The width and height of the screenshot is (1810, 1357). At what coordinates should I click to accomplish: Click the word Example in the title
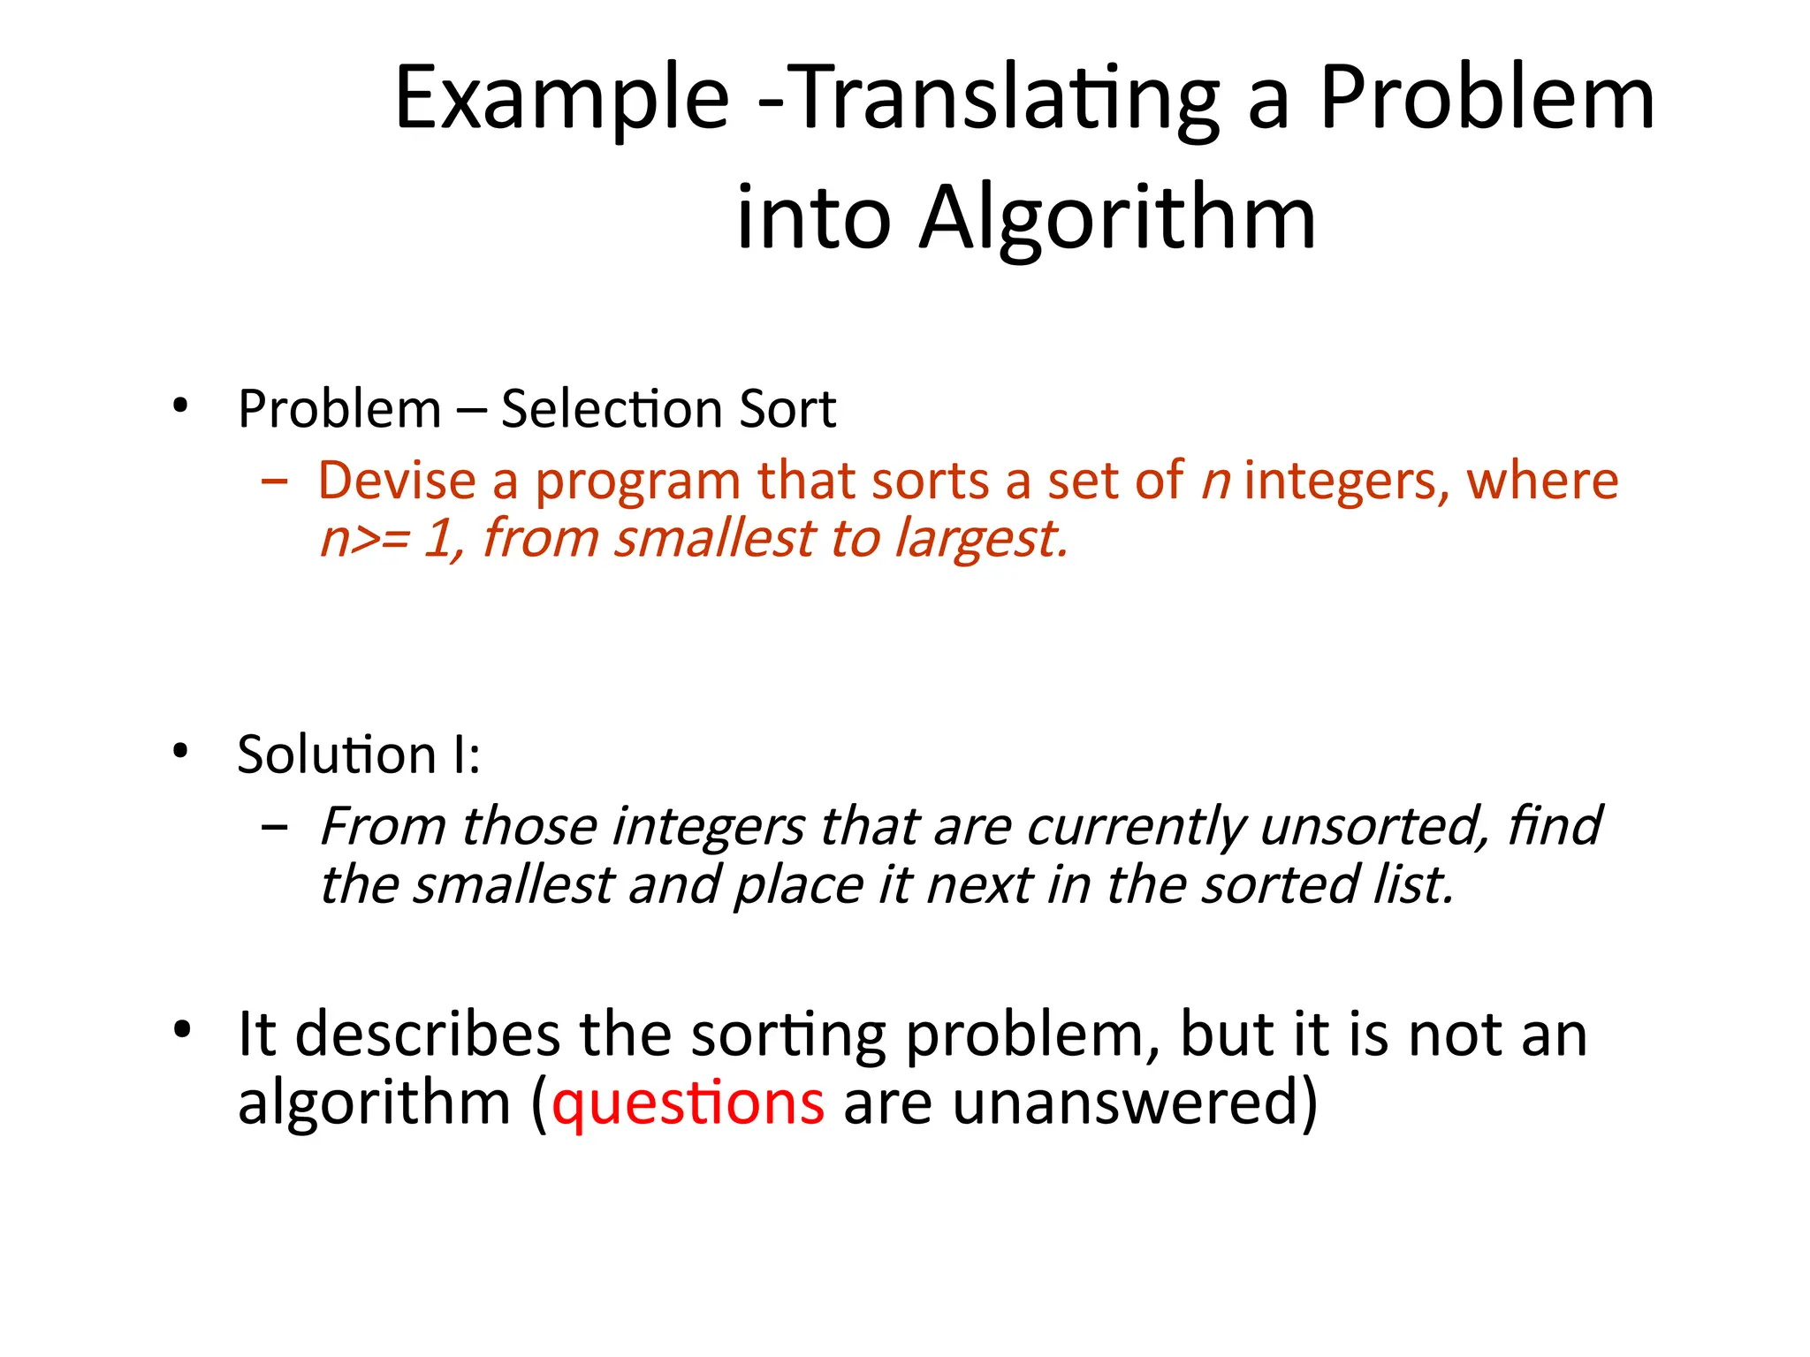pos(561,99)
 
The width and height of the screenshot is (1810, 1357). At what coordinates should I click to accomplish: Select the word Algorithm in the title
pos(1117,218)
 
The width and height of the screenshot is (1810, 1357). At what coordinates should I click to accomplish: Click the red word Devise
pos(397,481)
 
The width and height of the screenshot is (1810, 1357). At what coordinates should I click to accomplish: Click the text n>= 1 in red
pos(389,539)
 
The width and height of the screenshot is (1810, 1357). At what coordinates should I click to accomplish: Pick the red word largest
pos(981,539)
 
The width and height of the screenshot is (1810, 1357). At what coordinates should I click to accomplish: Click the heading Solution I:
pos(359,754)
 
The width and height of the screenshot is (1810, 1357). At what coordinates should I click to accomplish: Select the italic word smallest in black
pos(513,885)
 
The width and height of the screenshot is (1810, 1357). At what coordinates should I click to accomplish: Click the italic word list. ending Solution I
pos(1413,885)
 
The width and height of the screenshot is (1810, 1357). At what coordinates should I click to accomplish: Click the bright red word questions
pos(688,1103)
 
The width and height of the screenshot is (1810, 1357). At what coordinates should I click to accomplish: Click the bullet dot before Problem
pos(181,406)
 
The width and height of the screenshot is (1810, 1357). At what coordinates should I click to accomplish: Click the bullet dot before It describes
pos(182,1029)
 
